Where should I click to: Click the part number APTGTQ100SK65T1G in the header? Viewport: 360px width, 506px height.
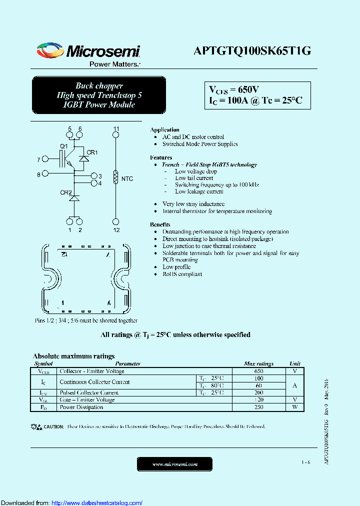[252, 51]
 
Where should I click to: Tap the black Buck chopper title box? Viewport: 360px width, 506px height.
[99, 95]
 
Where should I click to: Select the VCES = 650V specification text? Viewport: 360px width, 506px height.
[233, 89]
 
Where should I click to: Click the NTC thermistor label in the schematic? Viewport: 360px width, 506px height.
[127, 178]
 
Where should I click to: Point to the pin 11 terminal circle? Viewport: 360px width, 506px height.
[116, 135]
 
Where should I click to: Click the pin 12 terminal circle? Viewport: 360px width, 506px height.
[116, 221]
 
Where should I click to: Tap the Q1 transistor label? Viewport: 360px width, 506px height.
[63, 146]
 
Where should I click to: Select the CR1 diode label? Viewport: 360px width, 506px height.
[92, 152]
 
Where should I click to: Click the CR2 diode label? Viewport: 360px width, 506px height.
[65, 192]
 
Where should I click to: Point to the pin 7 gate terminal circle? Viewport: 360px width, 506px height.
[45, 159]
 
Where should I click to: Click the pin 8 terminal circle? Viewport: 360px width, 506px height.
[45, 174]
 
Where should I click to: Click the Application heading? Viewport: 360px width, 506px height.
[164, 129]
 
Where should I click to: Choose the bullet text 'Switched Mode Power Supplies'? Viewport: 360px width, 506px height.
[200, 144]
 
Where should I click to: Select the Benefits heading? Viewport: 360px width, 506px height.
[160, 224]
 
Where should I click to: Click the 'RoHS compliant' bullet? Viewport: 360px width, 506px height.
[182, 274]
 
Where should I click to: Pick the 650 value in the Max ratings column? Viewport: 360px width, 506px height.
[258, 371]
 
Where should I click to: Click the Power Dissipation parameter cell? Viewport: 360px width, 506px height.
[81, 407]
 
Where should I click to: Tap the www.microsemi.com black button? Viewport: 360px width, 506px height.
[174, 464]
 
